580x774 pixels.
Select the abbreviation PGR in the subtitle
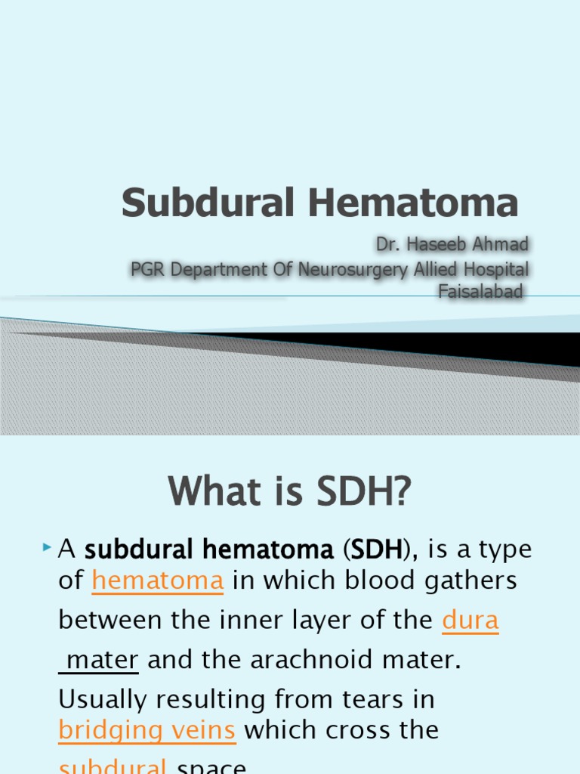pos(148,268)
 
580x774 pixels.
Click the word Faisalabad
pos(480,292)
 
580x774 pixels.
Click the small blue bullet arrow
pos(48,546)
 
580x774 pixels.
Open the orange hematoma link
pos(157,581)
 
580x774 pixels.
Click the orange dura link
pos(470,621)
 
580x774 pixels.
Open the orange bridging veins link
pos(147,730)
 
